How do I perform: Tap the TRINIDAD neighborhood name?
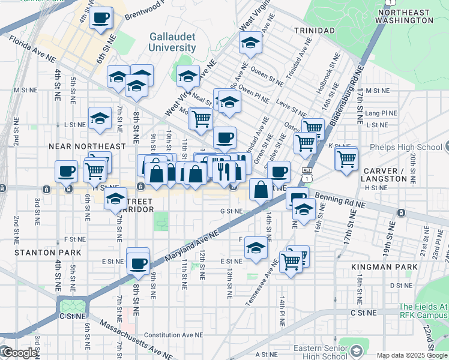313,30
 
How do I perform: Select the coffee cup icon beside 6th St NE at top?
101,18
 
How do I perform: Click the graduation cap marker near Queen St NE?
250,43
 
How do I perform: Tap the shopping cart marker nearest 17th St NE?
346,160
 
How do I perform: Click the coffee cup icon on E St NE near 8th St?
137,262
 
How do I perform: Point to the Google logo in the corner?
19,353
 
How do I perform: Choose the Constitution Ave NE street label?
174,335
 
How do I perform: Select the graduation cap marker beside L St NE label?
100,119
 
